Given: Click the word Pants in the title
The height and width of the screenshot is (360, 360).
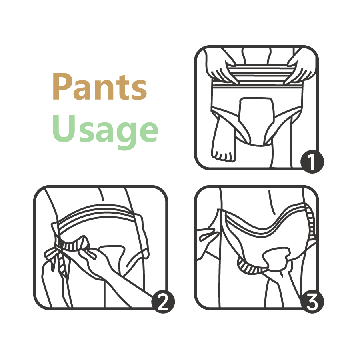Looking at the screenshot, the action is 100,86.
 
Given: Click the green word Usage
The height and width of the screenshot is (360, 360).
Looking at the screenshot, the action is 105,131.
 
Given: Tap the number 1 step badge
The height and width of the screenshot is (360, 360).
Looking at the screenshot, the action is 312,162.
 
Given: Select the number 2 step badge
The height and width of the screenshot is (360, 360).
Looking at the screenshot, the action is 163,302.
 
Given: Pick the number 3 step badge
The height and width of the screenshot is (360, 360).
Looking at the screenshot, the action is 312,302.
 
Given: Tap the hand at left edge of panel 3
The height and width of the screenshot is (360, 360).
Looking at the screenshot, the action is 207,241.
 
